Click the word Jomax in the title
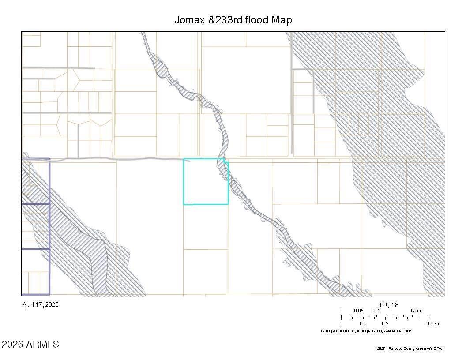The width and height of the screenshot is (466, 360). click(190, 20)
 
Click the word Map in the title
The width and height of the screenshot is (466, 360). click(282, 20)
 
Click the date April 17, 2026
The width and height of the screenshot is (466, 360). click(40, 304)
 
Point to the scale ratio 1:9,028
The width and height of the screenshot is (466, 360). click(388, 304)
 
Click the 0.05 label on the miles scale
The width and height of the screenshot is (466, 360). click(359, 311)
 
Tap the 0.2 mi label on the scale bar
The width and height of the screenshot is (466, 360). click(415, 311)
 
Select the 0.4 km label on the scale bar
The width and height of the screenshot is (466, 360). click(433, 323)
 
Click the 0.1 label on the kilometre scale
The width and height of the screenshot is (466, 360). click(363, 323)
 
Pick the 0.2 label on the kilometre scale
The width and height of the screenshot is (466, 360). click(385, 323)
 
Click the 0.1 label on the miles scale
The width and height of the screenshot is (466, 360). click(377, 311)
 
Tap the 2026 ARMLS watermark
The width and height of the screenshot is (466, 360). click(30, 344)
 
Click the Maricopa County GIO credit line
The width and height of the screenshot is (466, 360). click(366, 331)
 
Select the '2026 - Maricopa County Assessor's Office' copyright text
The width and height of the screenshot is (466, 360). click(410, 349)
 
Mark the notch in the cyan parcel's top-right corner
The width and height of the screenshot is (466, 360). click(226, 161)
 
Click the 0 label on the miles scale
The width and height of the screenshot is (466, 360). click(341, 311)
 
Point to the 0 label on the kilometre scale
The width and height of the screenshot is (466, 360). click(341, 323)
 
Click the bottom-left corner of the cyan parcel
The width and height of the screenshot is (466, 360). click(184, 204)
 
